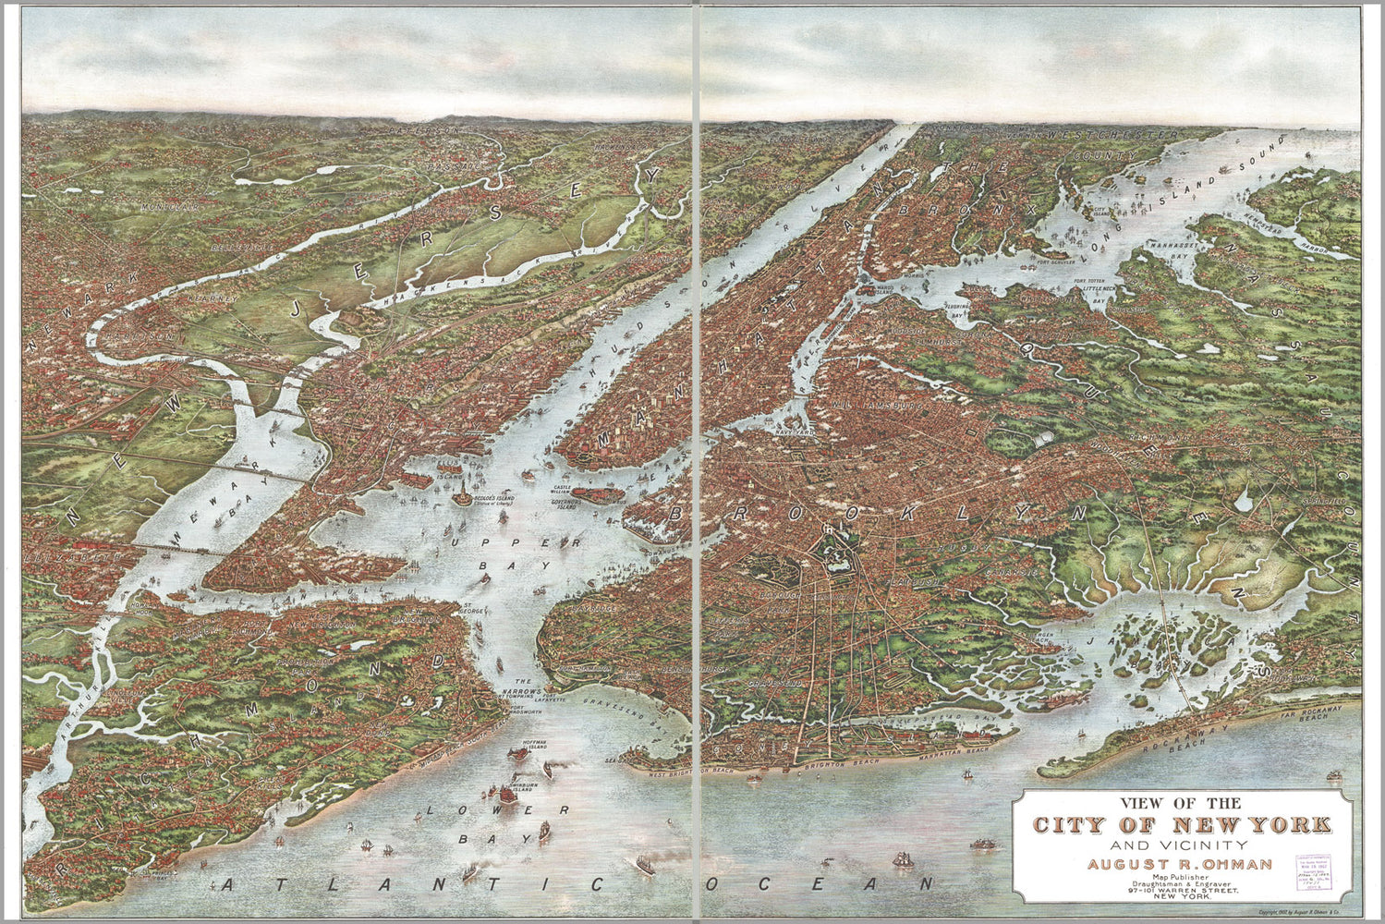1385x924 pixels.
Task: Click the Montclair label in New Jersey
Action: coord(171,208)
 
